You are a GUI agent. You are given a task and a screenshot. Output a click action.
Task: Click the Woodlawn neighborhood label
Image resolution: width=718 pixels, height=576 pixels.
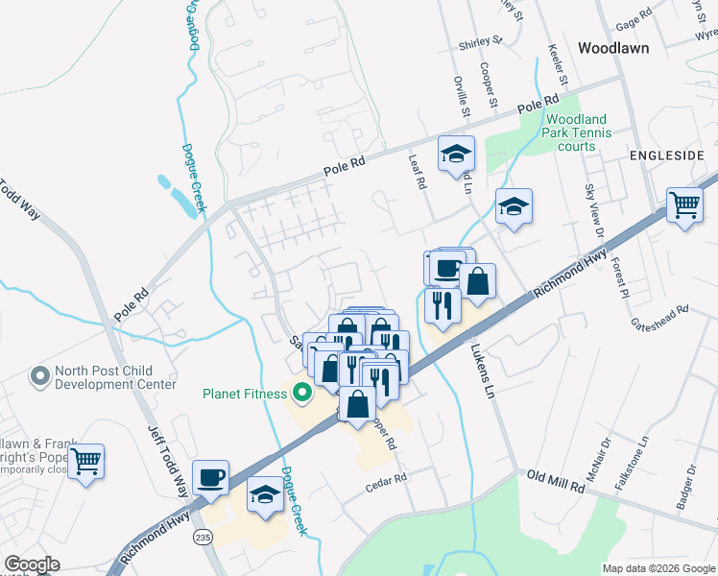[613, 47]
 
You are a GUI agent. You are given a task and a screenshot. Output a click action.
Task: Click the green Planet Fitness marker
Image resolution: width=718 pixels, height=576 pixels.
[302, 393]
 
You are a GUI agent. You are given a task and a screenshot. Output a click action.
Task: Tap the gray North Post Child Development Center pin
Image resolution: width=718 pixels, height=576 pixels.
[39, 374]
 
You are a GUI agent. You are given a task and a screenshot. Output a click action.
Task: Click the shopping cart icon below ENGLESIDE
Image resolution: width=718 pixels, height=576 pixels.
[684, 204]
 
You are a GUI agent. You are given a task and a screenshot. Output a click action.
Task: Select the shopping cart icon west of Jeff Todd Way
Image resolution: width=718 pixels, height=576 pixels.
[86, 462]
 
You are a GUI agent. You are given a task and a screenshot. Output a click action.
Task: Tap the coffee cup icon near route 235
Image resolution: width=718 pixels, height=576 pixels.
[211, 476]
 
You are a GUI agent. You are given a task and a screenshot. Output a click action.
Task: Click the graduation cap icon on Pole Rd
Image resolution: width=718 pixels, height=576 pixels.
[457, 154]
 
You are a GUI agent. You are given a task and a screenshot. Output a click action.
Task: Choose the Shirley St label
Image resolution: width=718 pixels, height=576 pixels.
[482, 41]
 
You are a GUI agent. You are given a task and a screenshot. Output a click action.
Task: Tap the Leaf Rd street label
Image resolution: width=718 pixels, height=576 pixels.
[416, 173]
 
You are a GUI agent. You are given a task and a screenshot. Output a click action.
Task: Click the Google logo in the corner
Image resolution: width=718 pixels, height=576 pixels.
[33, 564]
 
